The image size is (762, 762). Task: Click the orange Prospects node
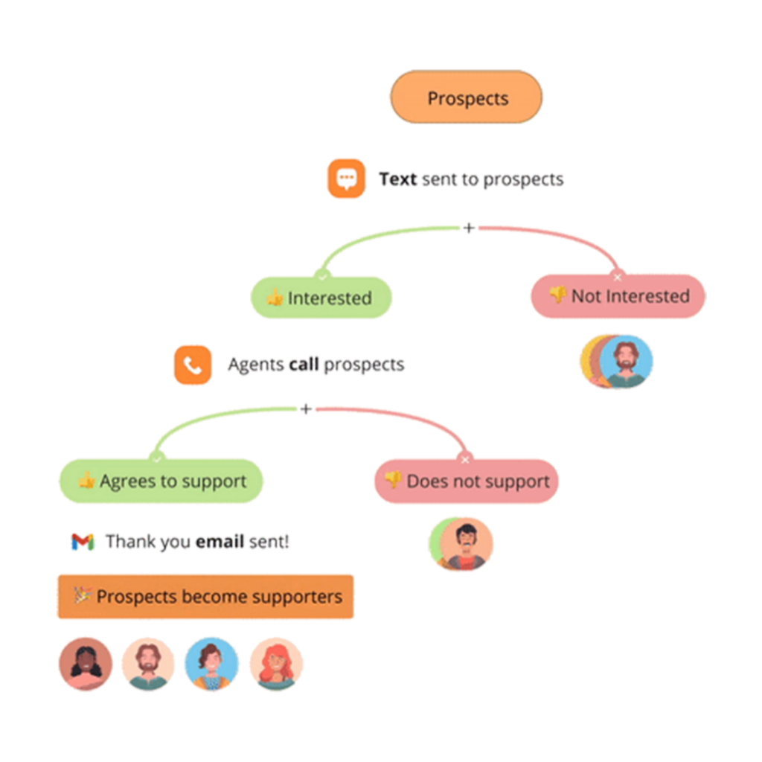tap(467, 97)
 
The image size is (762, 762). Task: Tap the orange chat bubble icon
tap(346, 179)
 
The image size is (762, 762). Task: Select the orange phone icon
tap(193, 365)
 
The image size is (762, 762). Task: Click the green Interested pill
tap(321, 298)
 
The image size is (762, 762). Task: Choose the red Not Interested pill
tap(618, 296)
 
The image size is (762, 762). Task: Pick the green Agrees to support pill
tap(161, 481)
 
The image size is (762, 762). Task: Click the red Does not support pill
tap(466, 481)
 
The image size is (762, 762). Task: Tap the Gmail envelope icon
tap(83, 542)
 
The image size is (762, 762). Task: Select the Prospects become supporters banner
tap(205, 596)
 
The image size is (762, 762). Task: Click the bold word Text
tap(397, 179)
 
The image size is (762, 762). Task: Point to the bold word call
tap(304, 365)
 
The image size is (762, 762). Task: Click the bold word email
tap(220, 542)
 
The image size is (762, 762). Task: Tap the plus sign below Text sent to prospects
tap(469, 228)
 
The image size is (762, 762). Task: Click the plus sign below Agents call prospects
tap(305, 409)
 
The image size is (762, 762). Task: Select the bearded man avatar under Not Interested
tap(626, 362)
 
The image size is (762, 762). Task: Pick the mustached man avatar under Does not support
tap(466, 544)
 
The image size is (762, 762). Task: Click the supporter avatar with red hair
tap(276, 664)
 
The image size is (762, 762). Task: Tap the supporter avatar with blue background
tap(212, 664)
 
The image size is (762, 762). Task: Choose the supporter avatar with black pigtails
tap(86, 664)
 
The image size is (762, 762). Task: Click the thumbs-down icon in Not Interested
tap(557, 295)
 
